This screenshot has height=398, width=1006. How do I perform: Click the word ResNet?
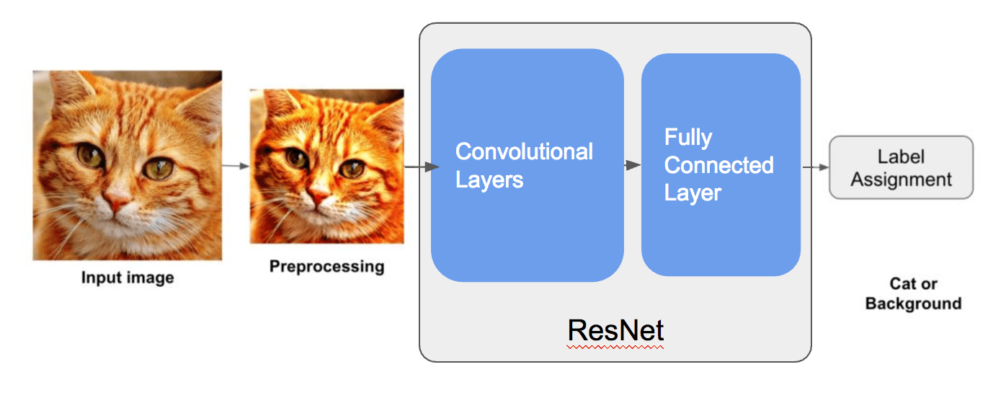click(615, 330)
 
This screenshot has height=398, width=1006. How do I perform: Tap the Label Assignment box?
click(901, 167)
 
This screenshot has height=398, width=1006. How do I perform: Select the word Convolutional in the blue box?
click(524, 151)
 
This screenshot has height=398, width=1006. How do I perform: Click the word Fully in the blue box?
click(688, 138)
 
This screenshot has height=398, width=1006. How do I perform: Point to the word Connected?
click(718, 165)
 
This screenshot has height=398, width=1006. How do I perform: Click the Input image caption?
click(128, 278)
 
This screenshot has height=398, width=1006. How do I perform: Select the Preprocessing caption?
click(326, 266)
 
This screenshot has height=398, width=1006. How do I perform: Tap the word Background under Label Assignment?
click(914, 304)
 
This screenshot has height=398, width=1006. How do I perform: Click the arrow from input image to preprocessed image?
click(236, 167)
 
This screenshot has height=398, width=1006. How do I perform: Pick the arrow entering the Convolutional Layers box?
click(422, 167)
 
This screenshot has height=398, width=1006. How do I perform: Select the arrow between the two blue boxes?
click(633, 165)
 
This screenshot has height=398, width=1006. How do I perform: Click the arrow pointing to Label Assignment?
click(816, 167)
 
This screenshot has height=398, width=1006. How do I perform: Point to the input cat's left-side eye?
click(90, 155)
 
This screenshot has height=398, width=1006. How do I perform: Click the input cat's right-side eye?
click(158, 169)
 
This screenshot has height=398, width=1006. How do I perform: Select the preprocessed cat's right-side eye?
click(352, 169)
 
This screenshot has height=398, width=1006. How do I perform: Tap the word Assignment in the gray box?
click(901, 180)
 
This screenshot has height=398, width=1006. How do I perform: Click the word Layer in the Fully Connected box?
click(693, 194)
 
